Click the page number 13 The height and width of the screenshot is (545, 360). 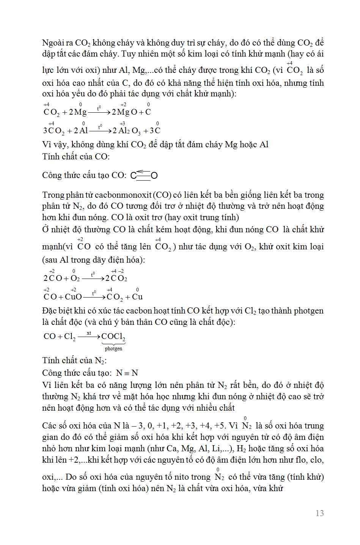coord(319,513)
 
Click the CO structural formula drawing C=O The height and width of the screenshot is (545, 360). coord(144,175)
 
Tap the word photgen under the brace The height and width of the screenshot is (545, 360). coord(113,348)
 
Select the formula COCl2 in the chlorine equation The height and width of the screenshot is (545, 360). coord(113,337)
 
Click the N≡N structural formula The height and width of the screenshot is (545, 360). coord(127,373)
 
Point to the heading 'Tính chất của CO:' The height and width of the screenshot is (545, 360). coord(76,156)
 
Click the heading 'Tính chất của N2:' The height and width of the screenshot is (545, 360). coord(75,361)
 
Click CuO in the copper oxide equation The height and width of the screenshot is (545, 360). coord(73,297)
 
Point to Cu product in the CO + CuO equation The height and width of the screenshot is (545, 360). coord(137,297)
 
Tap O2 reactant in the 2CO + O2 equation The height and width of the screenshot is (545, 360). coord(75,278)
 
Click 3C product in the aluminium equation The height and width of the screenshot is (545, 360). coord(155,131)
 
